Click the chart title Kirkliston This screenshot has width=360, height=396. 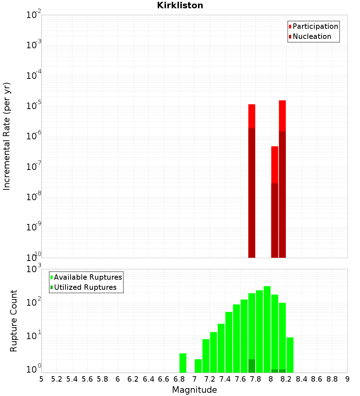click(x=180, y=5)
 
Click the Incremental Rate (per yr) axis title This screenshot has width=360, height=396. click(x=7, y=136)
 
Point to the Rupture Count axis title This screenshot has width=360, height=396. click(x=14, y=321)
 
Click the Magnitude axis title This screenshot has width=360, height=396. click(x=194, y=390)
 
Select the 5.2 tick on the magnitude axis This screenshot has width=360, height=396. click(x=57, y=379)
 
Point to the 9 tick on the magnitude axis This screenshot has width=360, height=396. click(x=347, y=379)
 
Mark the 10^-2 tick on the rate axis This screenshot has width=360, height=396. click(x=33, y=15)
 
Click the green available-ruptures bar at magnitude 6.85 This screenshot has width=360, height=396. click(x=183, y=363)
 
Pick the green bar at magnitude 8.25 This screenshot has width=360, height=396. click(x=290, y=355)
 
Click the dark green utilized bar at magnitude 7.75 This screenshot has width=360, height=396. click(x=252, y=366)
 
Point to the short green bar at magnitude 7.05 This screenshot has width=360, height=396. click(x=198, y=366)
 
